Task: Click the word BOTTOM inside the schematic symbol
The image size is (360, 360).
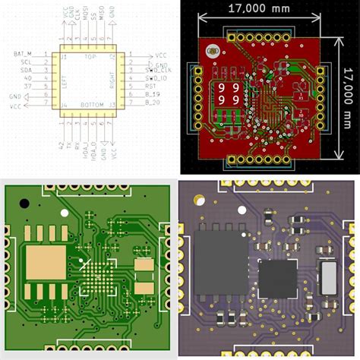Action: (x=90, y=104)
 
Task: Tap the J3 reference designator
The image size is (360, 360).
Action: (x=112, y=104)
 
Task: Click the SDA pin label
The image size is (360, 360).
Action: (x=26, y=71)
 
